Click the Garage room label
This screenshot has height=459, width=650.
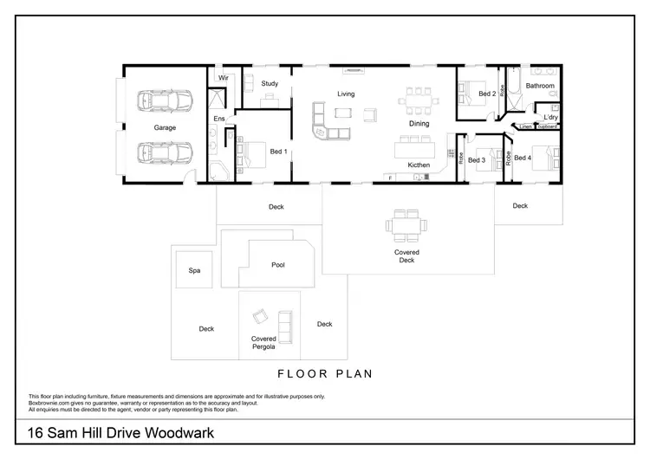pyautogui.click(x=165, y=127)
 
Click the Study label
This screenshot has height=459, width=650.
pyautogui.click(x=270, y=84)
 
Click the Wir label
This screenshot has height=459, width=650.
pyautogui.click(x=223, y=78)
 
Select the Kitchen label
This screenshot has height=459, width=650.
pyautogui.click(x=419, y=165)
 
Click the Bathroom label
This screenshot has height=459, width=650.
pyautogui.click(x=539, y=86)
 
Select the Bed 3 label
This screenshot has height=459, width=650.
pyautogui.click(x=477, y=159)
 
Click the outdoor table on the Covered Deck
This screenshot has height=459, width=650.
pyautogui.click(x=406, y=226)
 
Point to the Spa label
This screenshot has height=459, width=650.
pyautogui.click(x=194, y=270)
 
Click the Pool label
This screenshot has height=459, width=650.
pyautogui.click(x=277, y=265)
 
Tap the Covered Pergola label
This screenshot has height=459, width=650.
pyautogui.click(x=263, y=343)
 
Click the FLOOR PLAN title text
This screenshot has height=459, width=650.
pyautogui.click(x=324, y=375)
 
